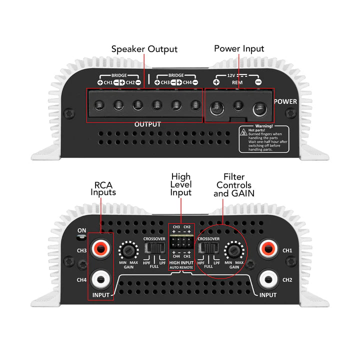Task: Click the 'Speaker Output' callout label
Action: (x=144, y=49)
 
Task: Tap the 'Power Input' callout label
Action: (x=239, y=48)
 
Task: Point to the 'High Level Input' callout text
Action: (x=181, y=184)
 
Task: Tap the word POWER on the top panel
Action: (x=285, y=101)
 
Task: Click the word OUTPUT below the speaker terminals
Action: (x=147, y=124)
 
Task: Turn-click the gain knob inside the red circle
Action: (x=233, y=249)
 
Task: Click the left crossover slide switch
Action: (x=154, y=248)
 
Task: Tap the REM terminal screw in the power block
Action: (x=239, y=105)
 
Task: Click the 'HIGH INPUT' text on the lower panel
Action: (x=181, y=262)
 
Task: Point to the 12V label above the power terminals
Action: (x=231, y=75)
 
